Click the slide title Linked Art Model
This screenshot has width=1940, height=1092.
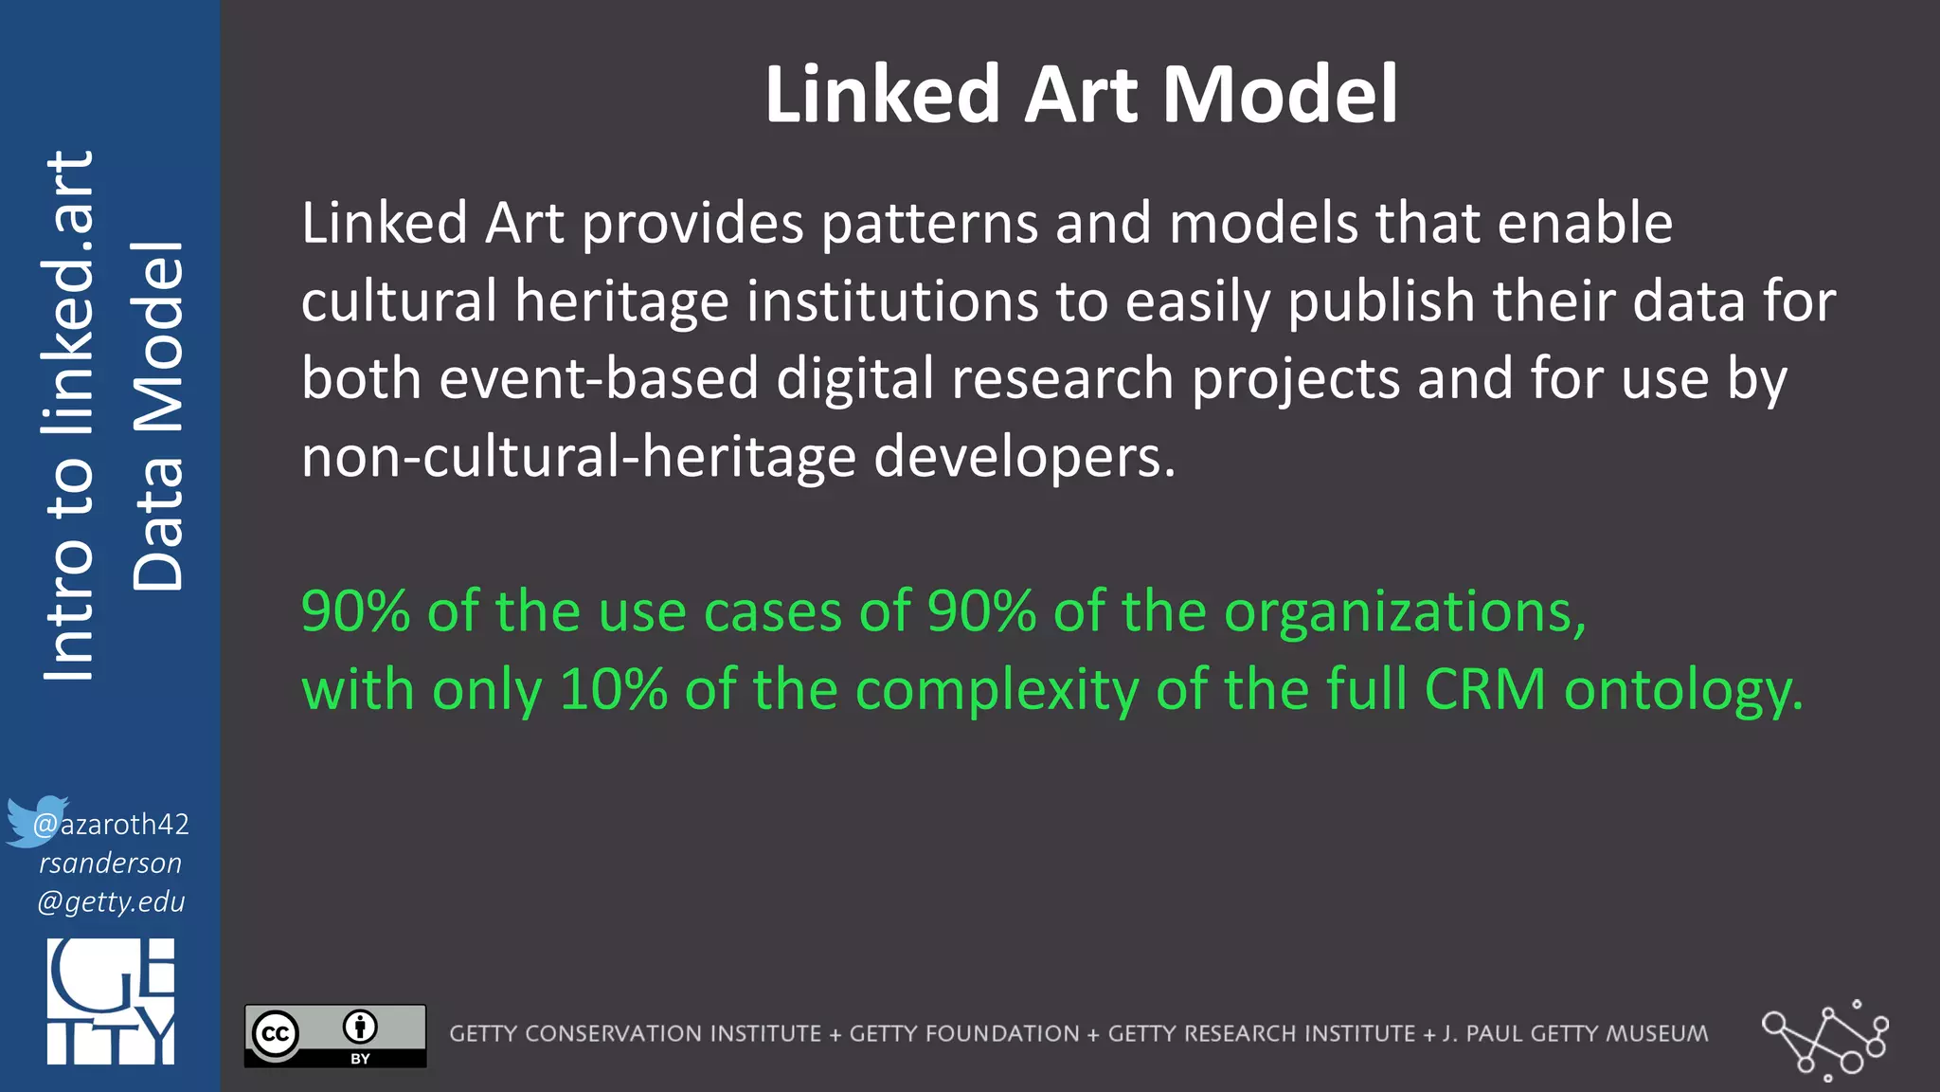click(1081, 94)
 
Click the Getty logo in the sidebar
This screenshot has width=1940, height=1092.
click(111, 1001)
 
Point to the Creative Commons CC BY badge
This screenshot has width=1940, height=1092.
click(335, 1036)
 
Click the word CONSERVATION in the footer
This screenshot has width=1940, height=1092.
click(673, 1034)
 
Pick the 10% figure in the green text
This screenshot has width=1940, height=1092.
click(614, 689)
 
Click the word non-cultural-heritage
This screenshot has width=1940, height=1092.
click(579, 457)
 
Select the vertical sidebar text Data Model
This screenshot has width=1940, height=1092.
click(157, 417)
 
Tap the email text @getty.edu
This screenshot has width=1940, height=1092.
click(112, 901)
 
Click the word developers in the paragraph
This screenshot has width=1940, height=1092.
click(1024, 457)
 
